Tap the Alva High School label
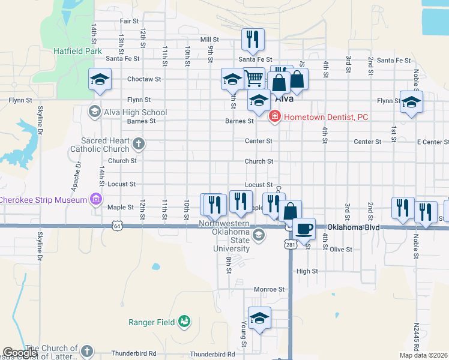point(134,112)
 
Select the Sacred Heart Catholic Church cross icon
point(139,143)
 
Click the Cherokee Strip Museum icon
point(95,199)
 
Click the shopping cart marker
point(254,79)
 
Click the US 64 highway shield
point(117,226)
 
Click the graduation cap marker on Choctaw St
point(100,79)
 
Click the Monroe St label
point(268,289)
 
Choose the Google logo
point(20,353)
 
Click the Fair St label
point(129,21)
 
